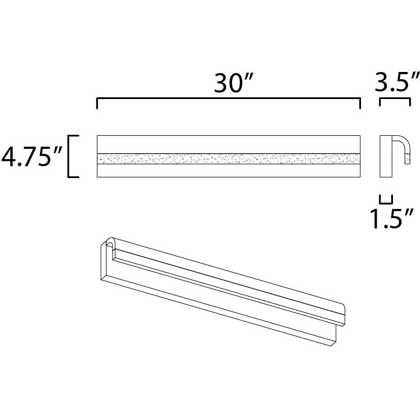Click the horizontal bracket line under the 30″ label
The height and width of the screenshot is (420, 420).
[227, 99]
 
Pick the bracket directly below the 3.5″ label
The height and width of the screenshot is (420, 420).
[395, 101]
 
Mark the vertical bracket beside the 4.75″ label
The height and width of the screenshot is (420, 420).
[70, 156]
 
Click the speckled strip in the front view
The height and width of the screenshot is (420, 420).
[227, 159]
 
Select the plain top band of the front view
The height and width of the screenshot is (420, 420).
[227, 145]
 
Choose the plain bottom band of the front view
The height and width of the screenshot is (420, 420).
[227, 170]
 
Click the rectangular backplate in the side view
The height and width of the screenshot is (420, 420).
[385, 157]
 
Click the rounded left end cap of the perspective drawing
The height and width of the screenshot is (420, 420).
[110, 244]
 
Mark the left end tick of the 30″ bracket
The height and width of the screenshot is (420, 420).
[97, 104]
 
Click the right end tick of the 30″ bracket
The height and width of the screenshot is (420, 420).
[359, 104]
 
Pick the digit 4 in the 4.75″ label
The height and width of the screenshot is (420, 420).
[10, 157]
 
